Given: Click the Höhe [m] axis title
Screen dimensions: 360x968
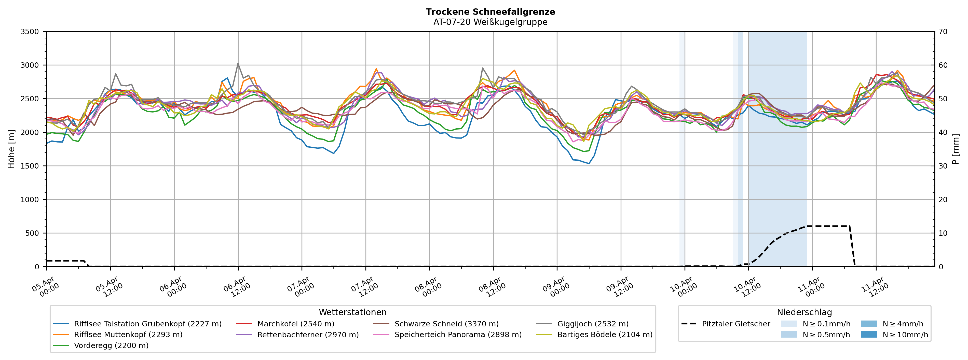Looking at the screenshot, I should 11,149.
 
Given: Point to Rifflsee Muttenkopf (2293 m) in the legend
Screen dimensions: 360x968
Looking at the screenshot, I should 128,335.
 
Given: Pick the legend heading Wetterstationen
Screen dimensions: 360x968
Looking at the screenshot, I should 352,312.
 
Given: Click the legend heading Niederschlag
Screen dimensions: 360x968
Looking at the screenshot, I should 804,312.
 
